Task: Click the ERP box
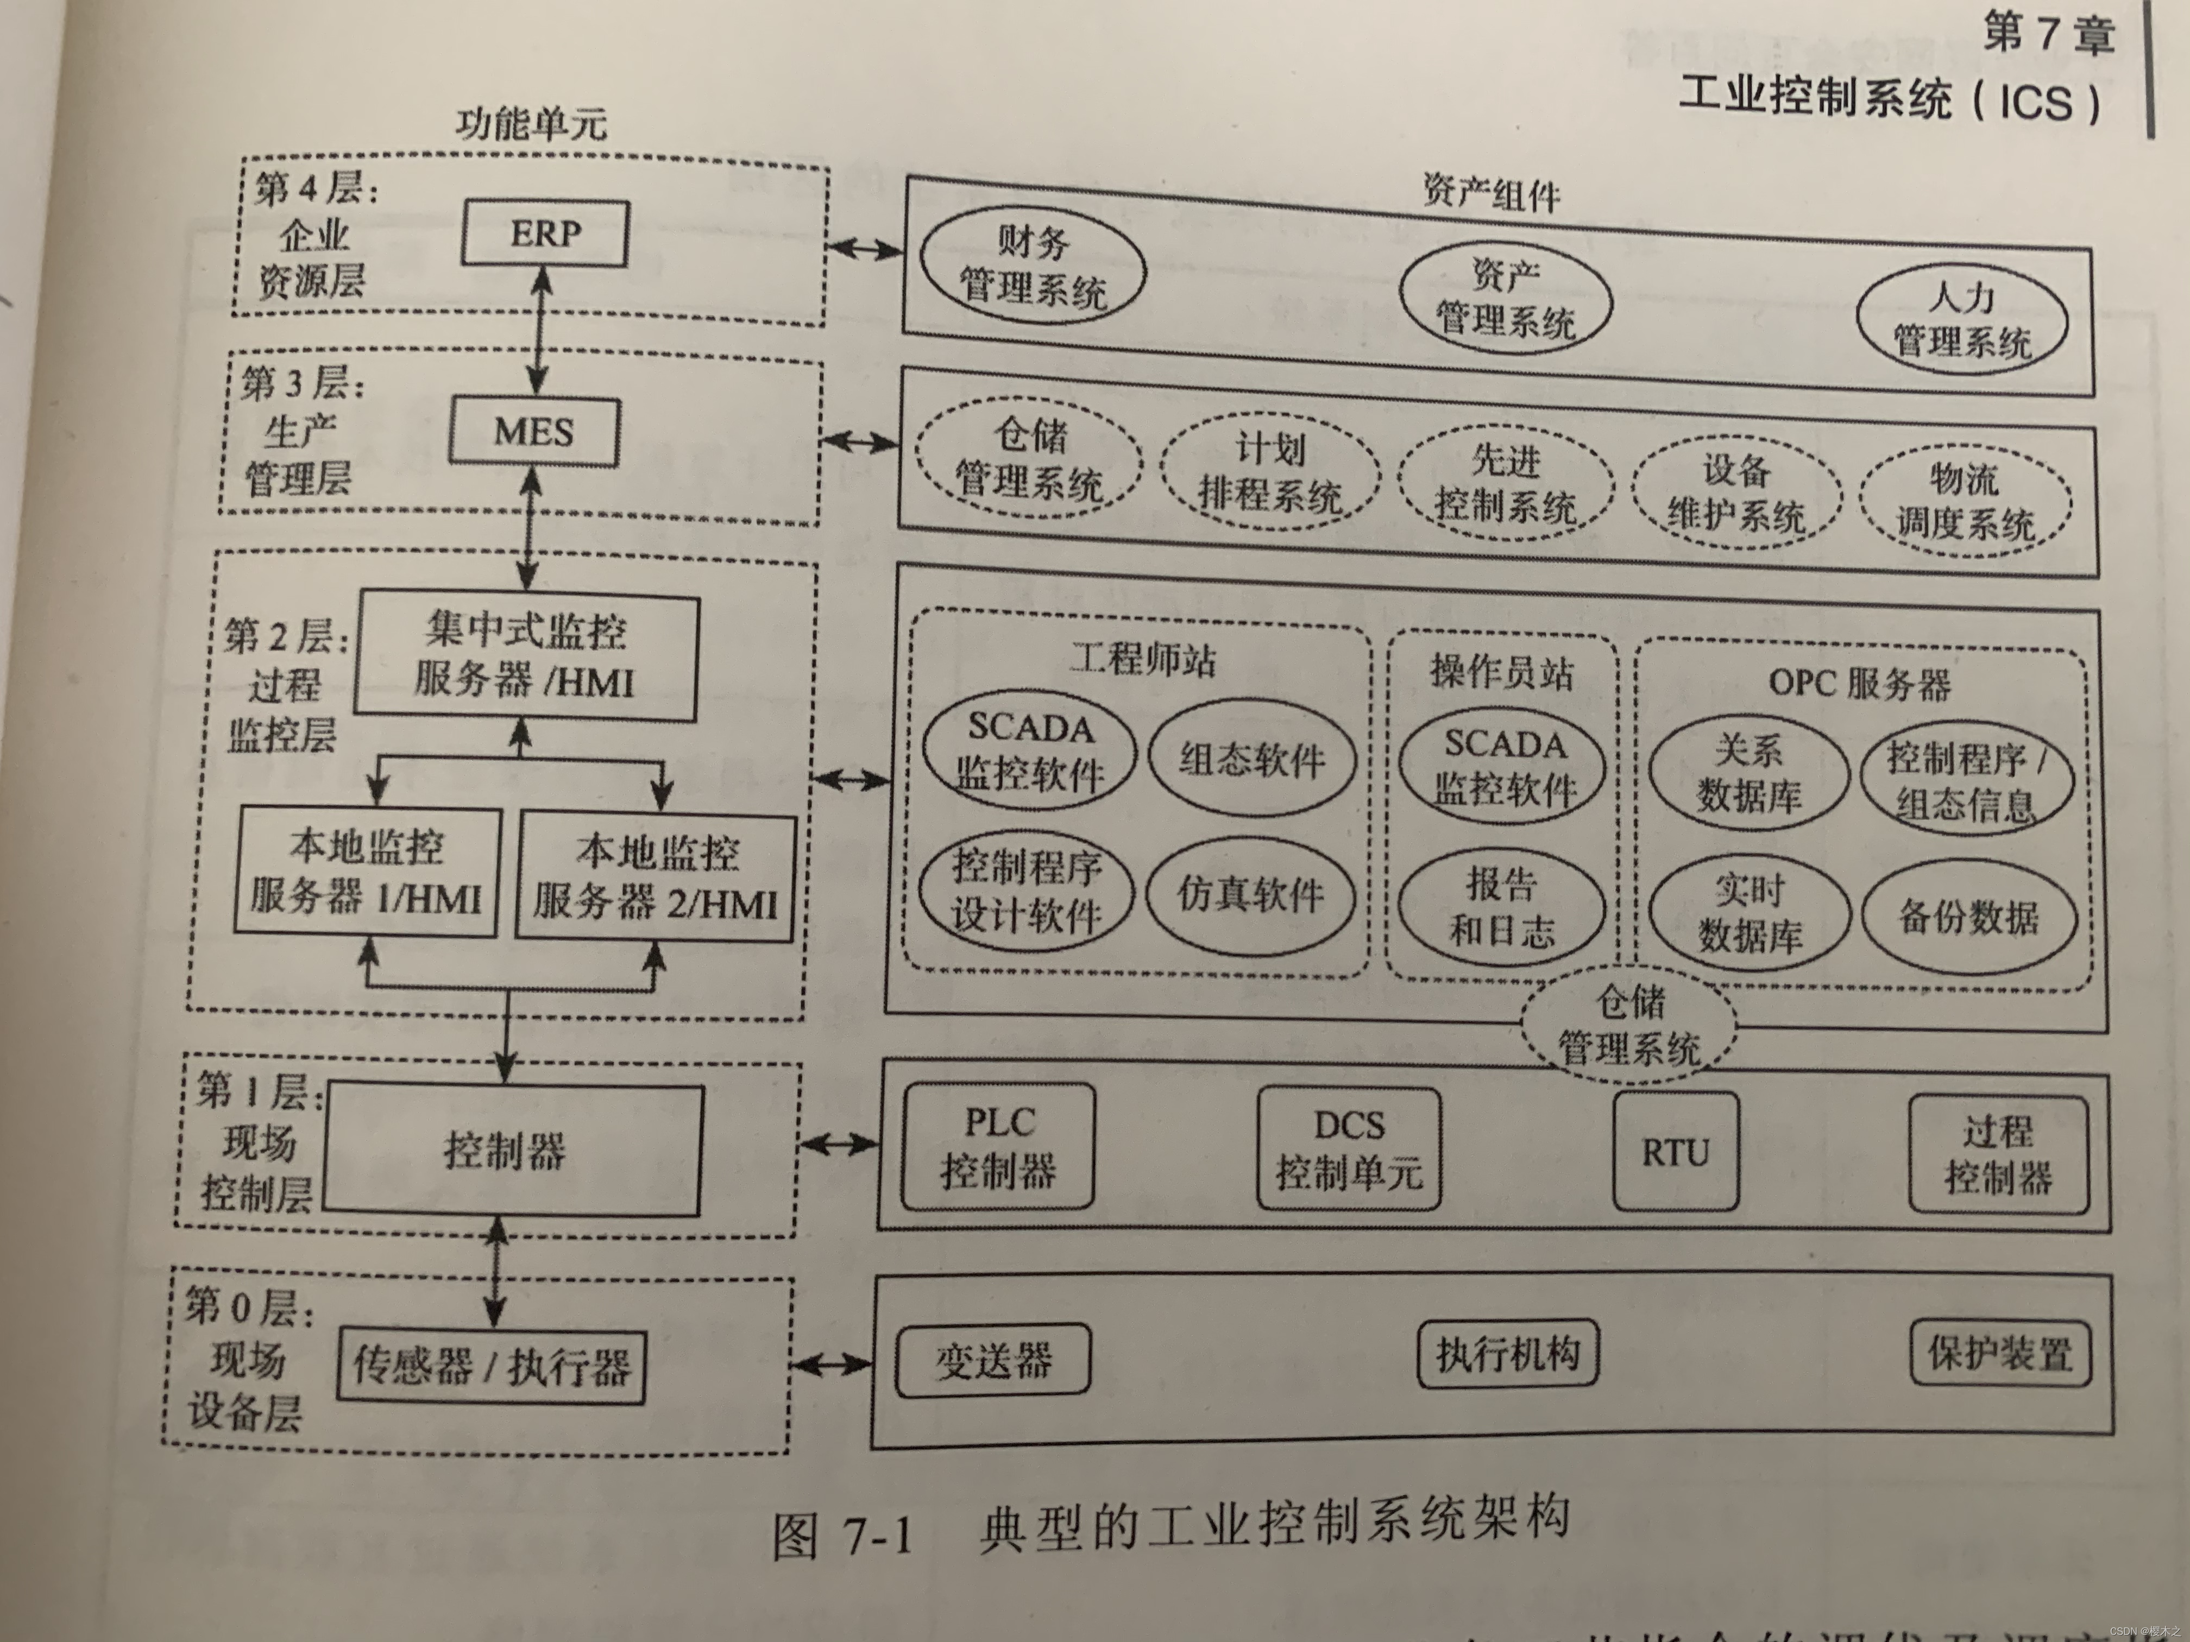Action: [x=545, y=233]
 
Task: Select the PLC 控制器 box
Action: [x=998, y=1146]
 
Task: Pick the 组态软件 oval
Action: [x=1251, y=760]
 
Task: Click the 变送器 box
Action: [x=993, y=1361]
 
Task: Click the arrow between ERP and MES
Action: [x=539, y=332]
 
